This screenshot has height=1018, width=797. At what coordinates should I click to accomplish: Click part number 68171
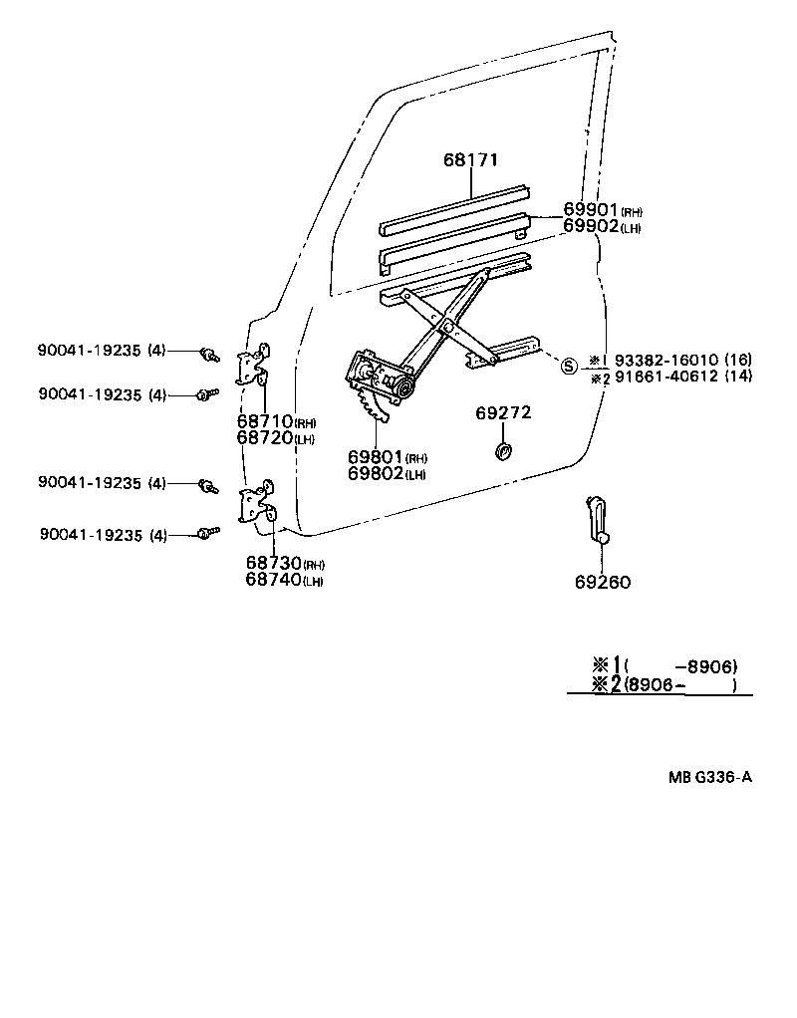(x=470, y=160)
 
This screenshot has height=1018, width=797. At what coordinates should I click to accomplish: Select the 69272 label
(x=503, y=412)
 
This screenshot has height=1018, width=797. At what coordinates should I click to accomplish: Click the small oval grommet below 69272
(x=503, y=453)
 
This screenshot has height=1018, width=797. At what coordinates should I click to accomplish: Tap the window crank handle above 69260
(x=598, y=518)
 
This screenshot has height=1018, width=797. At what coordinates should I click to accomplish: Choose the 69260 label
(x=602, y=583)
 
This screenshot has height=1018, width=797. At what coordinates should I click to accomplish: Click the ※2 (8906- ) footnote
(x=664, y=684)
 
